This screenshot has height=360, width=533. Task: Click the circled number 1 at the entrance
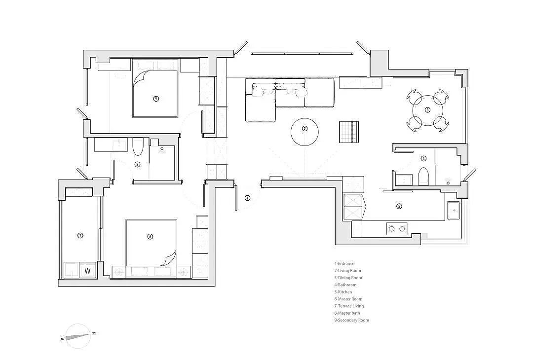247,198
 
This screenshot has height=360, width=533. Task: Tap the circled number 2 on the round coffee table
305,128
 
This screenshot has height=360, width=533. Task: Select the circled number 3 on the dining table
427,109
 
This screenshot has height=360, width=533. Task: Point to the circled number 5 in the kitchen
399,206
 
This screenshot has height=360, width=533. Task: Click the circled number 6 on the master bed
150,236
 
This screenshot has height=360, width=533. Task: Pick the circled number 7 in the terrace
80,235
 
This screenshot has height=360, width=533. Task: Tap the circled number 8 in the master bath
137,165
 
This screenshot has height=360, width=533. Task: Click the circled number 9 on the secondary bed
156,99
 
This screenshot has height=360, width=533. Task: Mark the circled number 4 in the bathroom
423,158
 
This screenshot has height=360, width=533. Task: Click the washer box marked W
88,271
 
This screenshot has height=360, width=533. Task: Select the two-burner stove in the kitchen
397,228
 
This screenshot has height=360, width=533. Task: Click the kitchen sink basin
454,210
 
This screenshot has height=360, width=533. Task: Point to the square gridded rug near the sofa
349,132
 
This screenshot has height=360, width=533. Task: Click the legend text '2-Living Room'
348,271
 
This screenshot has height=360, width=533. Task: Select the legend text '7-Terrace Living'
349,306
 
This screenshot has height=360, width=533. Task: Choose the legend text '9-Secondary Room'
351,320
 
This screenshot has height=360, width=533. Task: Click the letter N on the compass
94,333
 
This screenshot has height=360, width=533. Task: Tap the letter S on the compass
62,339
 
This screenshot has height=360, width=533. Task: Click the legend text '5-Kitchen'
343,292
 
